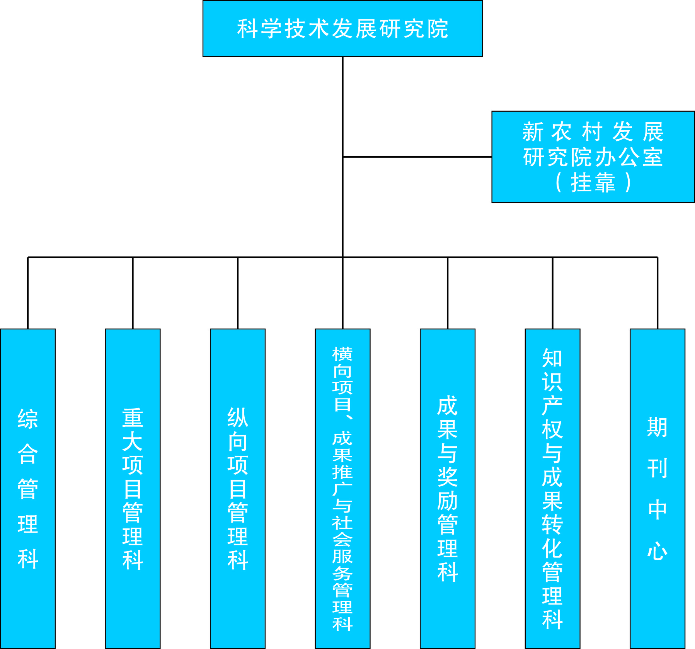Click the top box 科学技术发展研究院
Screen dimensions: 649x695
342,29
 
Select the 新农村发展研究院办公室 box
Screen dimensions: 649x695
593,157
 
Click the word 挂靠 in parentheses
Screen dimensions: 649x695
593,182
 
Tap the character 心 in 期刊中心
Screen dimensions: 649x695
657,550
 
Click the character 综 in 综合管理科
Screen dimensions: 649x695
28,419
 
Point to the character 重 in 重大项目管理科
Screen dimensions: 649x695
133,418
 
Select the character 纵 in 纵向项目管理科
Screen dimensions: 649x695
237,418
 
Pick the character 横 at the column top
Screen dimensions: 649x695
342,354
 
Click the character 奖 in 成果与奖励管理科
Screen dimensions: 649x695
447,477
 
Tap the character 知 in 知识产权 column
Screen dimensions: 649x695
552,358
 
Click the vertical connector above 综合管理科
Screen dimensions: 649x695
28,293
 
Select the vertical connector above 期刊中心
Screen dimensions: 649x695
657,293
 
